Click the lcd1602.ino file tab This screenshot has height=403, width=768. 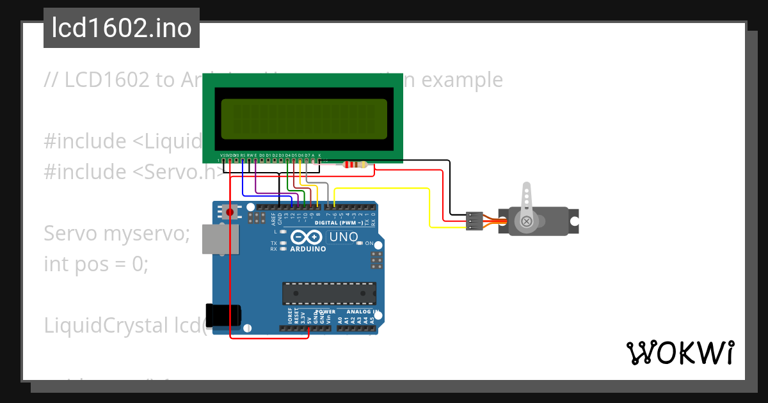pyautogui.click(x=121, y=28)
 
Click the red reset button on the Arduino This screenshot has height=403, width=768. pyautogui.click(x=230, y=211)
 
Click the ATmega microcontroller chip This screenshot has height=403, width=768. pyautogui.click(x=329, y=293)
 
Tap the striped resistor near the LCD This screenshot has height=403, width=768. pyautogui.click(x=355, y=164)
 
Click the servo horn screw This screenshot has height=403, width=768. pyautogui.click(x=527, y=221)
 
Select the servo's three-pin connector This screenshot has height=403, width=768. pyautogui.click(x=474, y=221)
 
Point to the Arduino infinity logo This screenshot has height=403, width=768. pyautogui.click(x=304, y=237)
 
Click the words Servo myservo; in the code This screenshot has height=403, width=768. pyautogui.click(x=117, y=233)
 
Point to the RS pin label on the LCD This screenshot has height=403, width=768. pyautogui.click(x=243, y=155)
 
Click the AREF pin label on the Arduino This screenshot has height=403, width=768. pyautogui.click(x=273, y=219)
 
